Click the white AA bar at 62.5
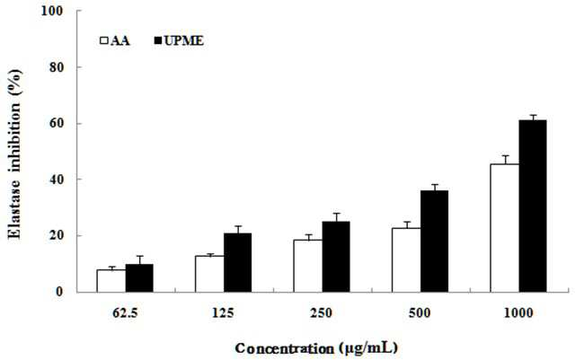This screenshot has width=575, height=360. pos(111,281)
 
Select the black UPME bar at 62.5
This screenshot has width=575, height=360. pos(139,278)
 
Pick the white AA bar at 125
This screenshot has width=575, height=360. pos(209,274)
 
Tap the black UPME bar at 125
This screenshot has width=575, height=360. pos(237,262)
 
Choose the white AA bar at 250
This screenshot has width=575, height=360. pos(308,266)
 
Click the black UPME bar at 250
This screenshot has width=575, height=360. pos(336,257)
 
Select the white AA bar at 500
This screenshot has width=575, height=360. pos(406,260)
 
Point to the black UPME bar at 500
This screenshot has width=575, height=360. pos(434,241)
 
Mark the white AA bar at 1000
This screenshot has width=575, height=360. pos(505,228)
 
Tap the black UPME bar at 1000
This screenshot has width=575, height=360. pos(533,206)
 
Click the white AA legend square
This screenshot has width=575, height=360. pos(104,40)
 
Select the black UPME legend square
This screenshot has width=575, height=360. pos(158,40)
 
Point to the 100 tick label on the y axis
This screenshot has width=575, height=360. pos(52,11)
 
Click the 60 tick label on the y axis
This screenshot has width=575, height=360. pos(56,124)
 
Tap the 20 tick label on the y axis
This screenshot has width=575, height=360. pos(56,236)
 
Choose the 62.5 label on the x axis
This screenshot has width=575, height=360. pos(125,313)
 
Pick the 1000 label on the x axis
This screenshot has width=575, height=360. pos(518,313)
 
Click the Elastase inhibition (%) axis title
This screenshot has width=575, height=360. pos(15,154)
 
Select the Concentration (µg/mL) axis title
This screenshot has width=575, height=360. pos(316,348)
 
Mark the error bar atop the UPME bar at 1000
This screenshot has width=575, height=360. pos(533,118)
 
